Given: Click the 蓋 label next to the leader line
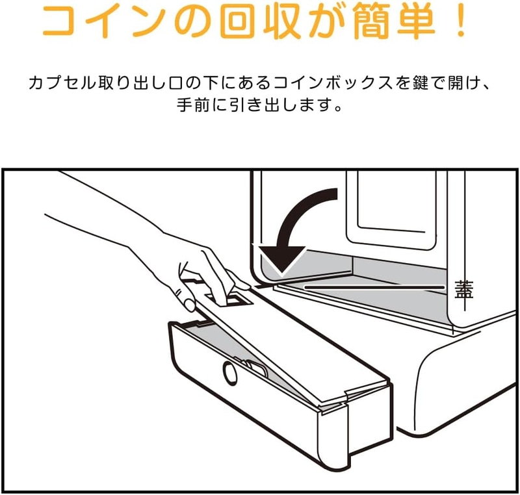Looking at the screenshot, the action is [464, 290].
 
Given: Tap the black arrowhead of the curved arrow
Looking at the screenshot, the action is [281, 260].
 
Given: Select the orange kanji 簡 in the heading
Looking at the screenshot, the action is [371, 21].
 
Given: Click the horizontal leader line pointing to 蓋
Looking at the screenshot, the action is [375, 287].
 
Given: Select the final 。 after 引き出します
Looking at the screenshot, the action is [338, 108].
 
